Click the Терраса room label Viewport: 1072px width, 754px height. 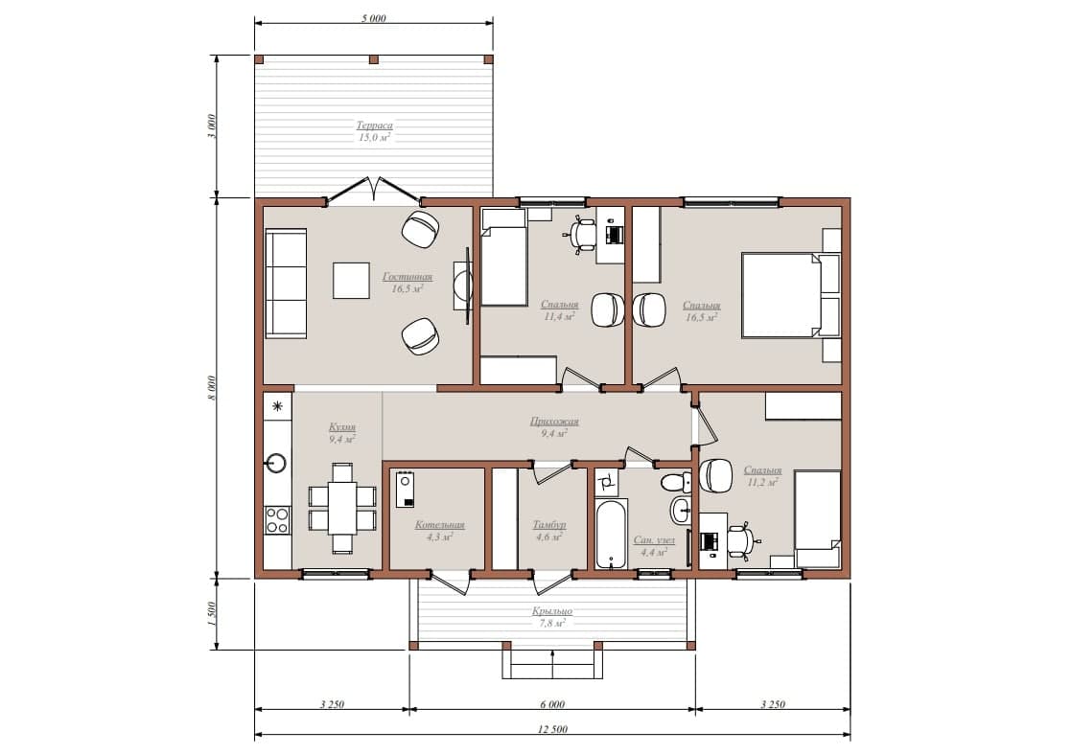[x=375, y=125]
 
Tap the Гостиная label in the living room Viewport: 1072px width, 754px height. [x=408, y=277]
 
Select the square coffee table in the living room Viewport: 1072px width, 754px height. [x=351, y=281]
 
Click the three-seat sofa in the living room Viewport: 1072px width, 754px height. [x=286, y=283]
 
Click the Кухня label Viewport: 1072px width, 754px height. [x=342, y=427]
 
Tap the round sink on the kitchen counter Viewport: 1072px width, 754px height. [x=276, y=463]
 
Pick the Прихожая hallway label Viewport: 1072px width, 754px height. [x=554, y=422]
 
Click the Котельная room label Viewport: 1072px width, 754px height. [x=439, y=524]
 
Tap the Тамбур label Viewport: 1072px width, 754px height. [x=549, y=524]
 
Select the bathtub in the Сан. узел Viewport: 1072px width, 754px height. [x=611, y=535]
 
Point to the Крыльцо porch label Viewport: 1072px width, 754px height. [x=552, y=611]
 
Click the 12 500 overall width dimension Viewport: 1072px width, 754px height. [x=552, y=729]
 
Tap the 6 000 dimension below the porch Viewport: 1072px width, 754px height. [x=552, y=704]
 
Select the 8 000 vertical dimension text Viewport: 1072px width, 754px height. [x=212, y=388]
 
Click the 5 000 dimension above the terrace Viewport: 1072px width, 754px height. [x=374, y=18]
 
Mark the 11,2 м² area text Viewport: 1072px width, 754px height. [x=762, y=482]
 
